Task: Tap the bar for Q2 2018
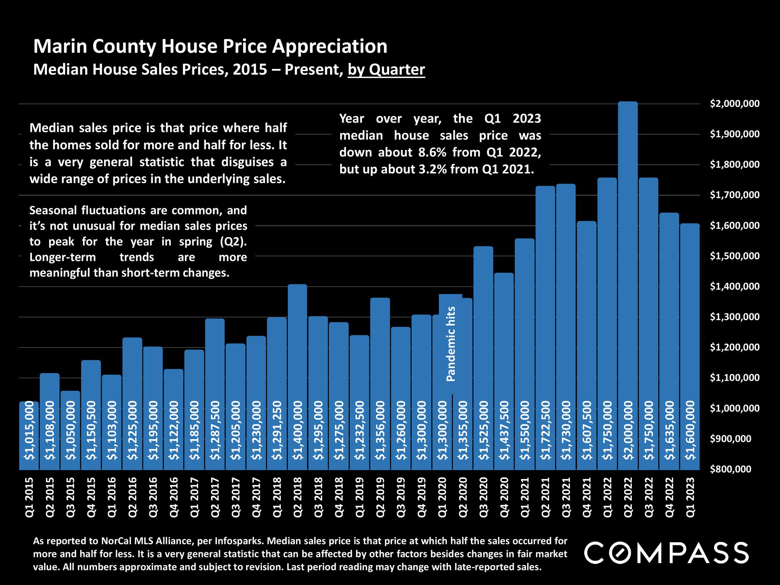click(x=298, y=351)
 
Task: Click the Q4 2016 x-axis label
click(x=174, y=497)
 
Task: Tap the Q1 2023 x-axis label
click(x=690, y=497)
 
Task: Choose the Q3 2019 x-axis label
click(x=401, y=497)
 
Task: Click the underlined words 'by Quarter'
click(x=386, y=69)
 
